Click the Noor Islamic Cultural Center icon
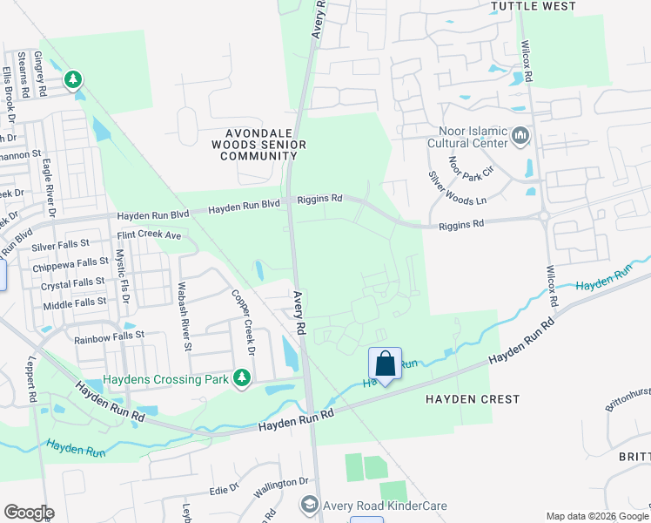521,135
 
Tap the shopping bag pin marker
385,364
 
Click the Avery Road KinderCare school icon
308,505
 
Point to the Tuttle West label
534,6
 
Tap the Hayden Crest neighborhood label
473,399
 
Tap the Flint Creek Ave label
149,235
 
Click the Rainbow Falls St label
108,336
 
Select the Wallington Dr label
281,481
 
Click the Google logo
29,513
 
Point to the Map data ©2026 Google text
596,516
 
